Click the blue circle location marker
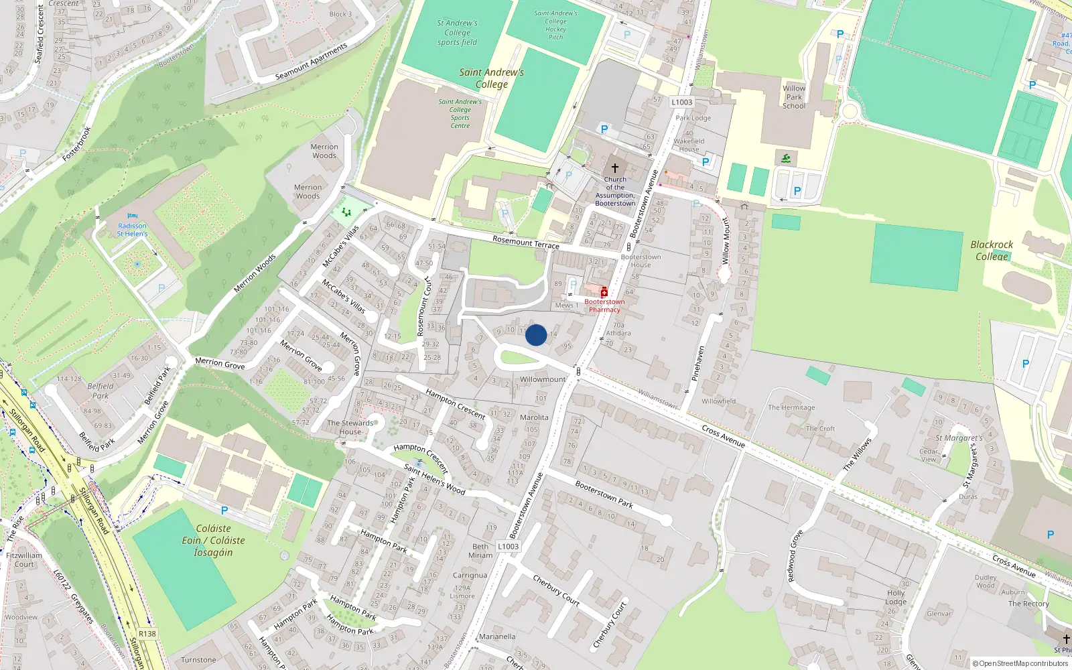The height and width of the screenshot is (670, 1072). [536, 335]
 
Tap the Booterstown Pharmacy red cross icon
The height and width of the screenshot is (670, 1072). [604, 292]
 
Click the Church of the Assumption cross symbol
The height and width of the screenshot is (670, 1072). [614, 168]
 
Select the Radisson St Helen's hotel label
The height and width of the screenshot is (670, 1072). [132, 230]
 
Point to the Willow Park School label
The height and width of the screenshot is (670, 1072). [794, 97]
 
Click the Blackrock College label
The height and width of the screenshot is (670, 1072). [992, 250]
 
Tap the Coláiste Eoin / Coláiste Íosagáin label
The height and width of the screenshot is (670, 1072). [213, 540]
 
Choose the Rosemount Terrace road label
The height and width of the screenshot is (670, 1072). [525, 242]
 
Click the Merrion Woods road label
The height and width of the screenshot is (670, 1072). [255, 273]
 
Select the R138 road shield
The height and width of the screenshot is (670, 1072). [147, 634]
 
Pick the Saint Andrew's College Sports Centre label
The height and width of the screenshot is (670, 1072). [460, 114]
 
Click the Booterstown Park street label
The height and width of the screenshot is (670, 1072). [604, 494]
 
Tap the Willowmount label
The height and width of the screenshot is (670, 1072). [543, 379]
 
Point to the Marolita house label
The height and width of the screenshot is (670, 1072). [534, 417]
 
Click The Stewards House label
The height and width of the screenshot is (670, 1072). [350, 427]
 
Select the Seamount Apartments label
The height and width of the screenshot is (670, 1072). [312, 62]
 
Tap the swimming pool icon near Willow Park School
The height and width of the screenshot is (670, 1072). [786, 158]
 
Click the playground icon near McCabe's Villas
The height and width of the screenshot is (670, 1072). [346, 212]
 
